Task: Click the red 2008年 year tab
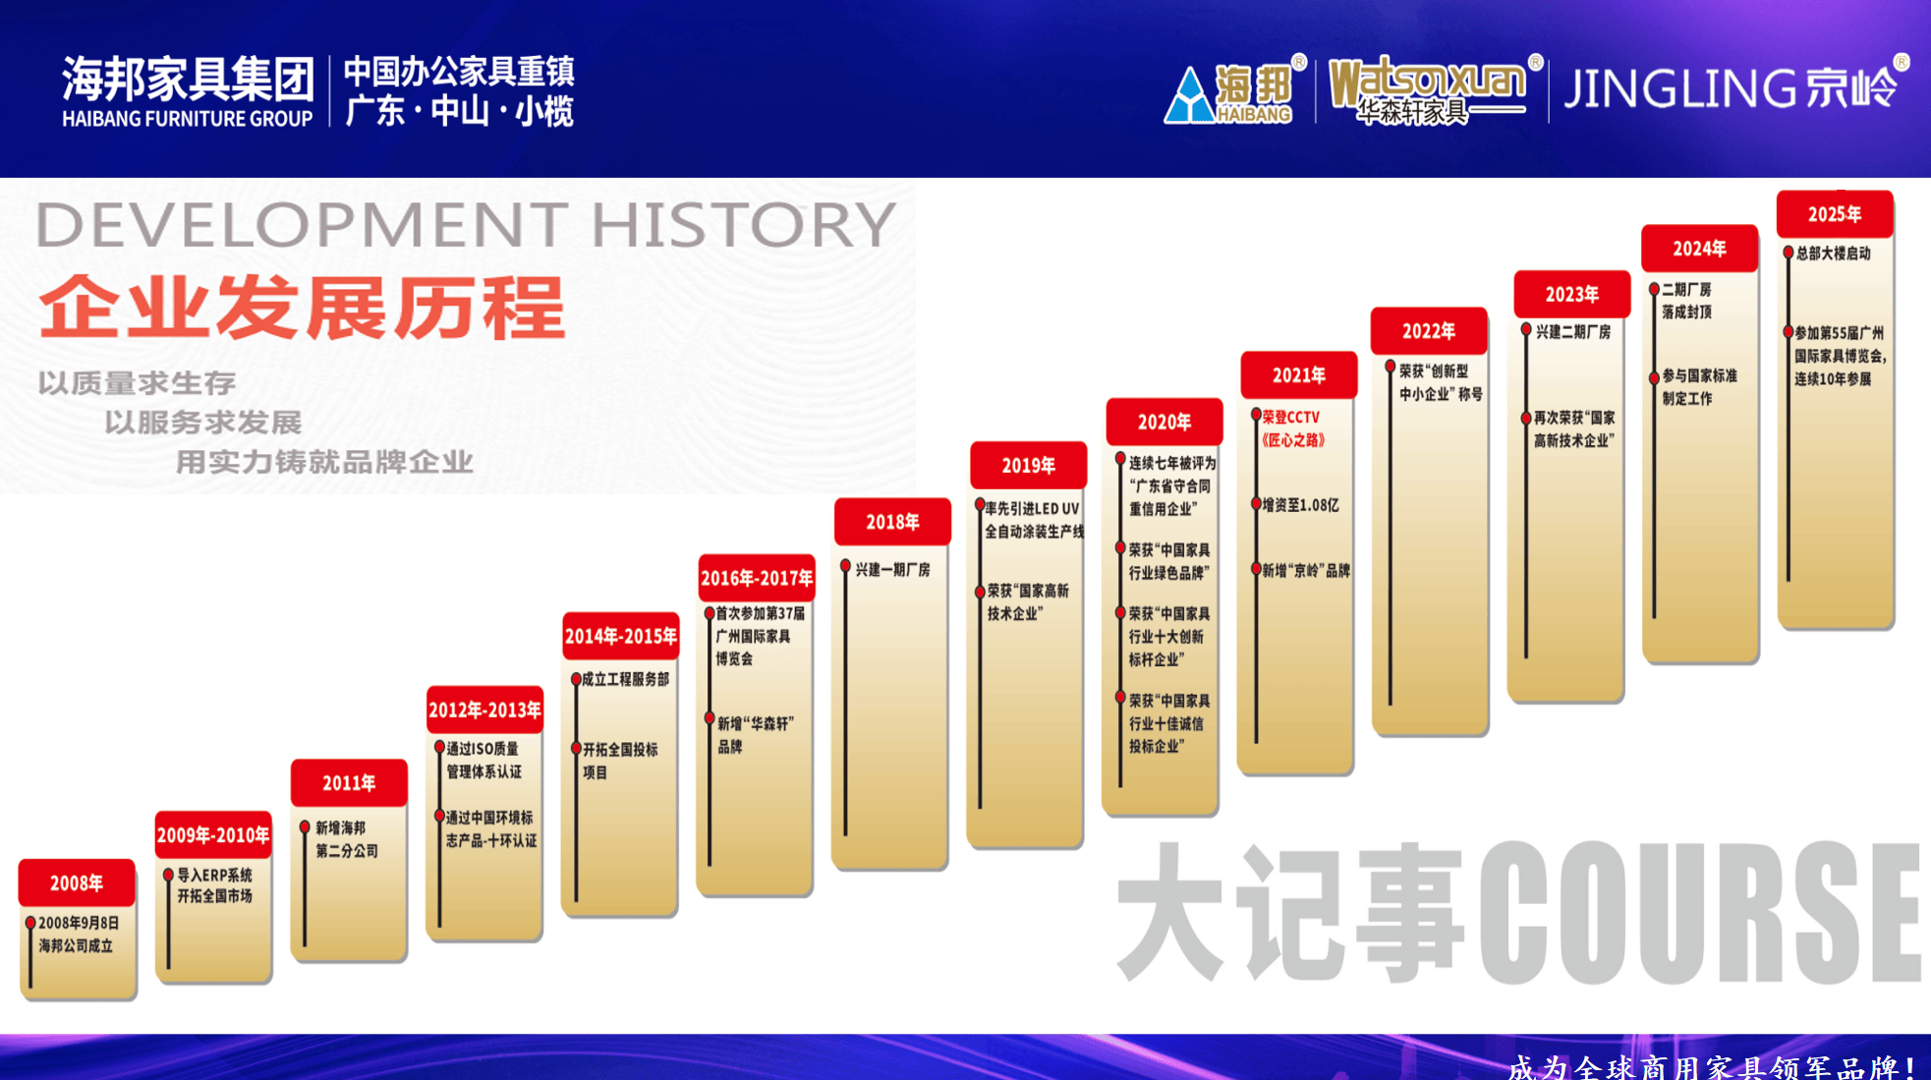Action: pos(77,882)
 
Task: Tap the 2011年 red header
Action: pos(349,782)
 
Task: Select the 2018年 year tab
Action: pos(892,522)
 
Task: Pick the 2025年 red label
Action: pos(1835,214)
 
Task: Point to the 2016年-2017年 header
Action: pos(757,578)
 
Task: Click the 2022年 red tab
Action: pos(1429,331)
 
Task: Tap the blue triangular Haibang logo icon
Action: pos(1189,95)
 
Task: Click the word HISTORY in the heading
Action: pos(743,224)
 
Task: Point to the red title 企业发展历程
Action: pos(303,308)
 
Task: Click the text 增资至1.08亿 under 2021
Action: pos(1300,505)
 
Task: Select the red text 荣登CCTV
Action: pos(1291,418)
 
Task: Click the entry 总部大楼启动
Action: pos(1833,254)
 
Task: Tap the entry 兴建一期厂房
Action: pos(892,570)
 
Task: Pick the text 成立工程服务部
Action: pos(626,679)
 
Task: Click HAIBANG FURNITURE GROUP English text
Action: pos(187,119)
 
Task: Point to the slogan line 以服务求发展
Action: pos(203,423)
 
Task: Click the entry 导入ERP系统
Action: pos(214,875)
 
